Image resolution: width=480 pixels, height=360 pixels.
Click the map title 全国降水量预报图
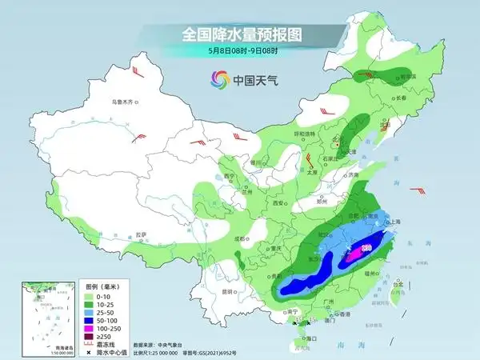pyautogui.click(x=239, y=34)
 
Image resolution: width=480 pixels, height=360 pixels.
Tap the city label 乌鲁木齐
pyautogui.click(x=126, y=102)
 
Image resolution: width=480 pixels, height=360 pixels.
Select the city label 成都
pyautogui.click(x=239, y=238)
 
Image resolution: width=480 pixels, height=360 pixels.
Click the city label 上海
pyautogui.click(x=393, y=223)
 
